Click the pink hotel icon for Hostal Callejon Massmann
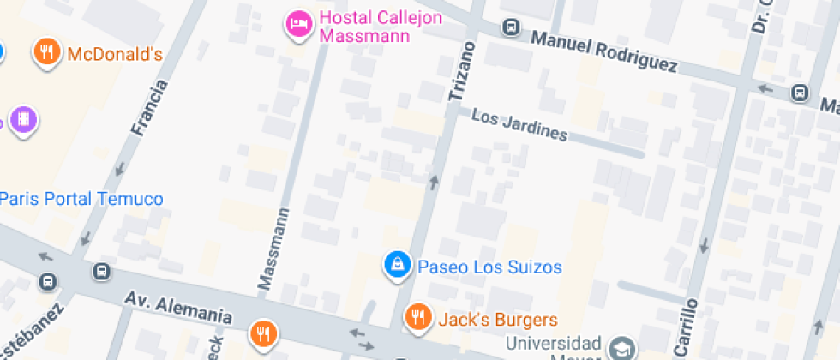(x=297, y=23)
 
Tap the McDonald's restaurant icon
(x=47, y=52)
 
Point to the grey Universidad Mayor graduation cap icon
(x=621, y=347)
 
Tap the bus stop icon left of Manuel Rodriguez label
(x=511, y=27)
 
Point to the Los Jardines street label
(x=520, y=125)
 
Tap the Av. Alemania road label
(x=178, y=308)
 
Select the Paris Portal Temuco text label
(x=82, y=199)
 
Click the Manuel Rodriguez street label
(x=603, y=51)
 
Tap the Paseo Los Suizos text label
(x=489, y=267)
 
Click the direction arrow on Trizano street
(x=434, y=181)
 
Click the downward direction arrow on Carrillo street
(x=705, y=246)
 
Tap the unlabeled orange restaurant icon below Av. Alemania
(x=262, y=333)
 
